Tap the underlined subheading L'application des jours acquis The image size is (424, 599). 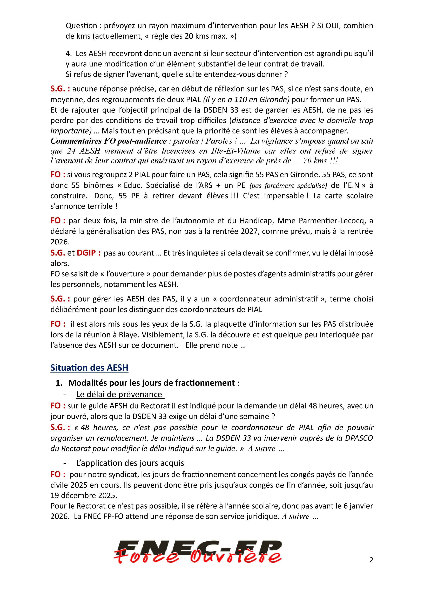(130, 463)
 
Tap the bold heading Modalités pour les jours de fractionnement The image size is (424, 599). (151, 383)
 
